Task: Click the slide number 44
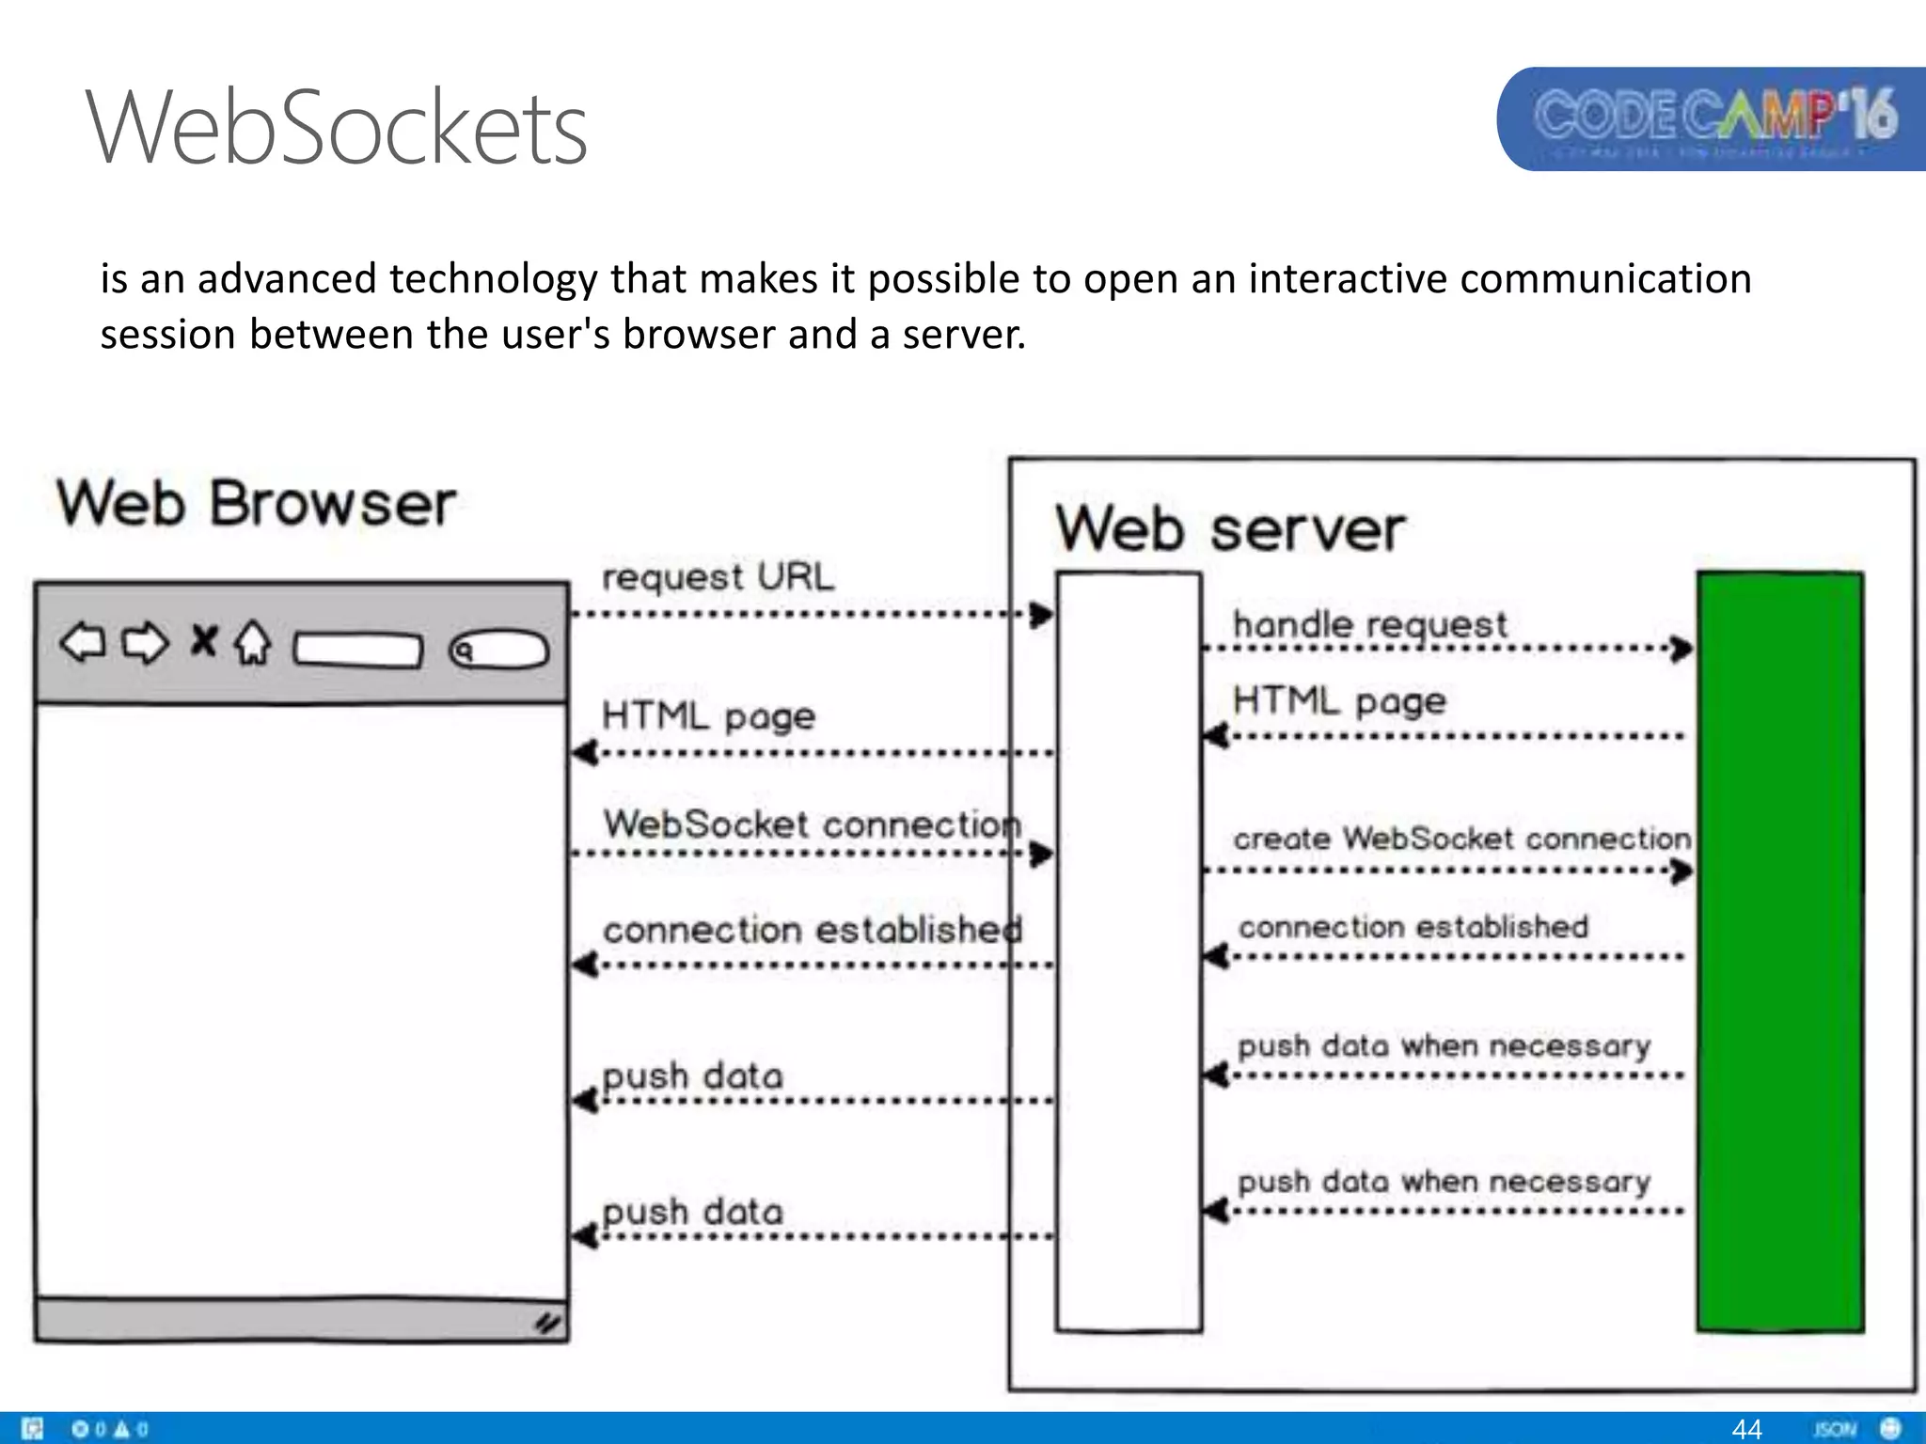click(x=1746, y=1429)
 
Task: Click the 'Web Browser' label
click(x=256, y=504)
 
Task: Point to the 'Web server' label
click(x=1229, y=529)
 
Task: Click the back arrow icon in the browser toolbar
click(x=83, y=644)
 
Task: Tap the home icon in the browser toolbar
click(x=252, y=644)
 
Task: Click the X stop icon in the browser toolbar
click(x=203, y=641)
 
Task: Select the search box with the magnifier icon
click(x=498, y=650)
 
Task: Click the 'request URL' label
click(x=717, y=576)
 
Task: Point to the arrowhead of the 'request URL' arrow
click(x=1041, y=615)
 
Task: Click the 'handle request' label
click(x=1368, y=624)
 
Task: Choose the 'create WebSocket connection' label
click(x=1460, y=838)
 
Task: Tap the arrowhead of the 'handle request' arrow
click(x=1681, y=648)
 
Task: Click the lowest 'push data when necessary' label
click(x=1444, y=1182)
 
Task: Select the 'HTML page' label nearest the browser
click(x=707, y=716)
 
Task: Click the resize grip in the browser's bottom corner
click(x=548, y=1323)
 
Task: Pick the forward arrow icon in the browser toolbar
click(x=145, y=644)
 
